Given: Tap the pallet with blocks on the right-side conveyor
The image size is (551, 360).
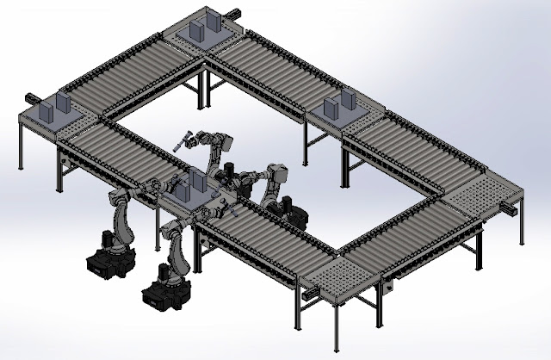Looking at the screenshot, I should point(345,111).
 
